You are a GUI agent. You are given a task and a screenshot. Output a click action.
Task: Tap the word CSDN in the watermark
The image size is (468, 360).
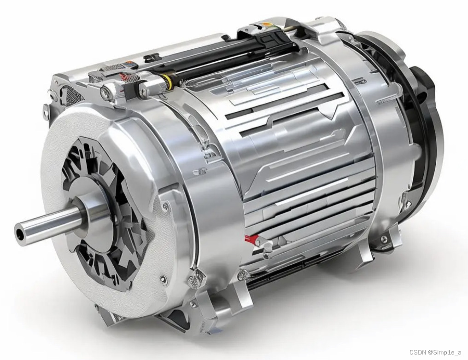[x=417, y=352]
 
